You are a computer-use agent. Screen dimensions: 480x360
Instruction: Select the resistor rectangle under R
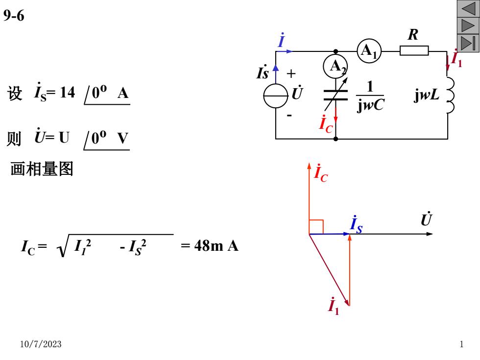click(414, 50)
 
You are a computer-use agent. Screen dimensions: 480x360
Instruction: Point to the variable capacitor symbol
click(336, 95)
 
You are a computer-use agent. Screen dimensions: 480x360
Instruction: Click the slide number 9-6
click(14, 15)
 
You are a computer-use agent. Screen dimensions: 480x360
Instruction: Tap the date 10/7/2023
click(41, 344)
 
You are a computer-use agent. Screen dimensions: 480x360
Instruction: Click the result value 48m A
click(216, 245)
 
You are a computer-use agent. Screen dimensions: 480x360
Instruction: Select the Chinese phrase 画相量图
click(42, 168)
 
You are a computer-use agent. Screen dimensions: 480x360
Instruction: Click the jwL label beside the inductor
click(427, 95)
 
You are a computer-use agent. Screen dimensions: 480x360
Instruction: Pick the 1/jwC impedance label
click(370, 96)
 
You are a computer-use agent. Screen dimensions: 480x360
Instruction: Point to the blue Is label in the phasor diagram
click(357, 224)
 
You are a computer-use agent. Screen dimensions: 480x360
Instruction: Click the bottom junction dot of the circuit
click(336, 139)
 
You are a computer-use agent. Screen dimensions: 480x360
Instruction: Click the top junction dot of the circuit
click(336, 51)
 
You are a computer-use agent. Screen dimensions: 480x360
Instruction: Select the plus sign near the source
click(291, 73)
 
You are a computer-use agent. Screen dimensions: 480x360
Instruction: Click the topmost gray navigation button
click(468, 8)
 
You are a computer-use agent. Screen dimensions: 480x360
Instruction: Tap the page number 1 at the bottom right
click(461, 344)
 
